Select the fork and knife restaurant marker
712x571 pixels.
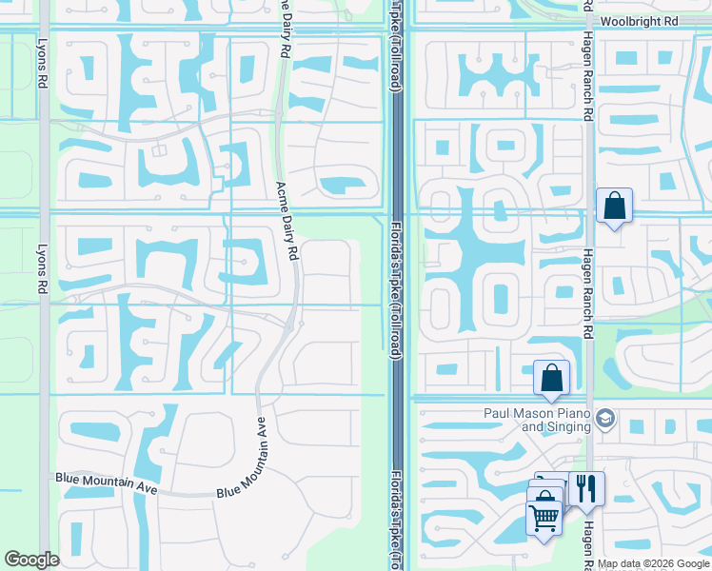click(x=586, y=489)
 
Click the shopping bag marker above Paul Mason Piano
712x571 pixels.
click(x=552, y=378)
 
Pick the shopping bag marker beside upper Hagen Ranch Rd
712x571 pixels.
click(x=615, y=206)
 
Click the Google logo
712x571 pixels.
click(x=32, y=560)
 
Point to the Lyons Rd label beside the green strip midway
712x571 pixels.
click(x=42, y=267)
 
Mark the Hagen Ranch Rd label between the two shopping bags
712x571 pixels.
click(x=588, y=293)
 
